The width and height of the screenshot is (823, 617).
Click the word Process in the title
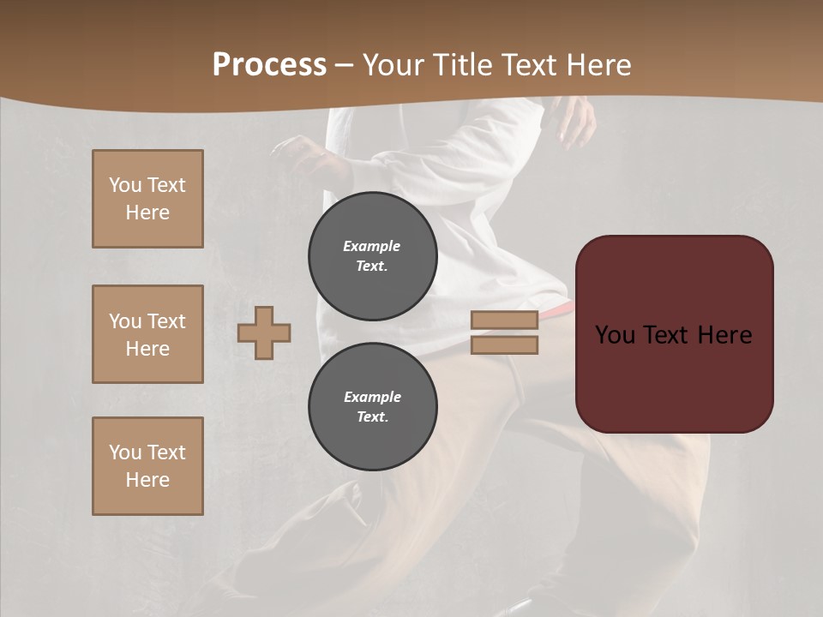[x=269, y=65]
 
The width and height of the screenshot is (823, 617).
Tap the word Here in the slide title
[x=597, y=65]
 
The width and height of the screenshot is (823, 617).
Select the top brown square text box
[x=147, y=199]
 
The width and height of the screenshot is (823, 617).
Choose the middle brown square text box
[x=147, y=334]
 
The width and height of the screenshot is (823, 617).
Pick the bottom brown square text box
[x=147, y=466]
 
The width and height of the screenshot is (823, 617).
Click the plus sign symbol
[x=264, y=332]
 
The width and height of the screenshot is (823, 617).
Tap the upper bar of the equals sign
[x=504, y=320]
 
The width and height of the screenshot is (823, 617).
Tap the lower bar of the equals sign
[x=504, y=344]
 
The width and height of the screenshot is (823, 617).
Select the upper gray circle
[x=373, y=256]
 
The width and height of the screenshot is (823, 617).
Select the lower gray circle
[x=373, y=406]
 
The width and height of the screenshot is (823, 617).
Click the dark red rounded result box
[x=674, y=333]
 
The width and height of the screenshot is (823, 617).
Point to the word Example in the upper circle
[x=371, y=246]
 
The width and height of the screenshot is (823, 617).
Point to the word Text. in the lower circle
[x=372, y=416]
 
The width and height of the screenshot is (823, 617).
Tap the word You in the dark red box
[x=615, y=334]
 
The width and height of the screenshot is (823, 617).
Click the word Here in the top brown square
[x=147, y=213]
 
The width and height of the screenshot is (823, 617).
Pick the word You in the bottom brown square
[x=125, y=452]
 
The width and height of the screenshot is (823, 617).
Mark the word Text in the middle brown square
[x=166, y=321]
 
